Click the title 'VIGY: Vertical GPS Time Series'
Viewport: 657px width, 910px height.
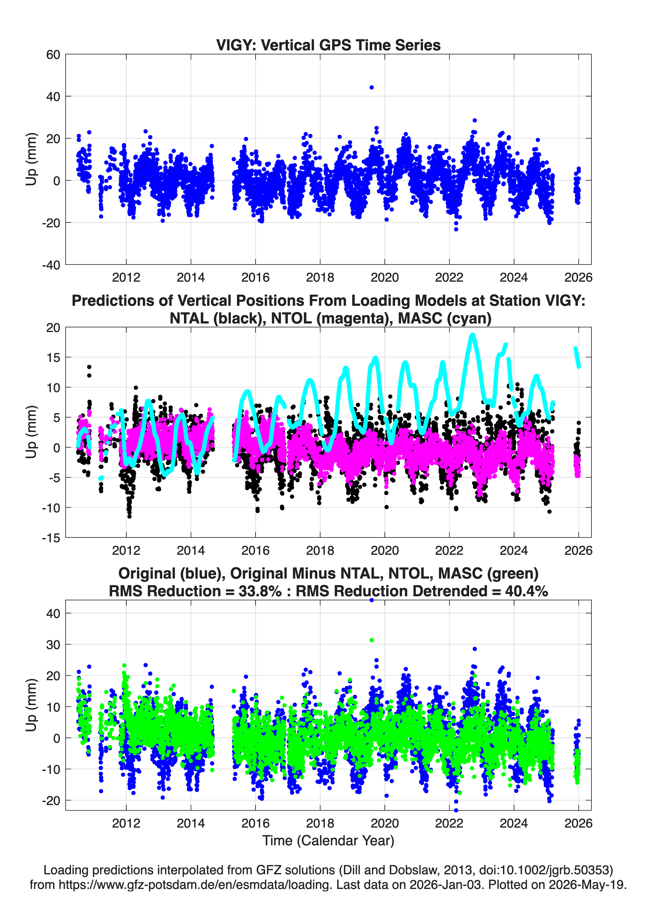click(x=328, y=45)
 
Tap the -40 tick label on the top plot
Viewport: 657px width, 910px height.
click(x=51, y=265)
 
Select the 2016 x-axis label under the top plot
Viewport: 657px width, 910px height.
click(x=256, y=277)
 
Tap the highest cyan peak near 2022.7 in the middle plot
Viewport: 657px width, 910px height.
click(x=473, y=335)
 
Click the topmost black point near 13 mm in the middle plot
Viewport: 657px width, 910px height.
click(x=89, y=367)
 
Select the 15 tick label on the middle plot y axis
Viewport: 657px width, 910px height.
click(x=53, y=357)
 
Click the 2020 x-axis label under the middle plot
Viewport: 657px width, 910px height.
click(x=385, y=550)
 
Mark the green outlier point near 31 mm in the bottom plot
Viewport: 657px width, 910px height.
click(x=372, y=640)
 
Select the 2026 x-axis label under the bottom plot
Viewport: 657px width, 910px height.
click(x=578, y=823)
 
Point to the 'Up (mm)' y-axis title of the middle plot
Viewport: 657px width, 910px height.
click(x=31, y=432)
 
